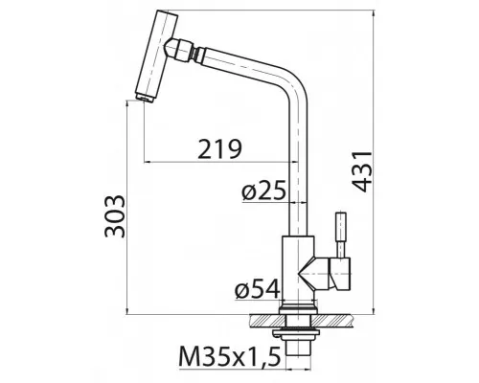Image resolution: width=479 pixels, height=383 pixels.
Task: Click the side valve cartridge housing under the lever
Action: tap(337, 274)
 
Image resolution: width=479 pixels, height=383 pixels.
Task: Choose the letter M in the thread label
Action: tap(189, 360)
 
